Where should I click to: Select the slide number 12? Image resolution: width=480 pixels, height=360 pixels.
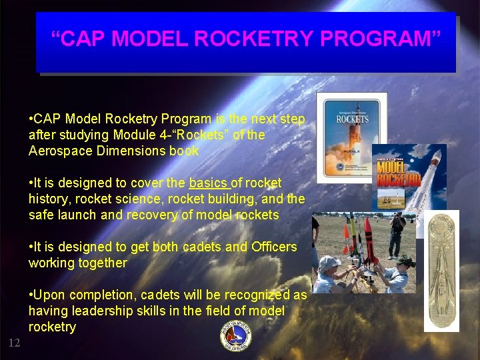[x=14, y=343]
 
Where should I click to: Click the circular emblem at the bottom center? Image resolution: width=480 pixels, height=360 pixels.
[x=237, y=337]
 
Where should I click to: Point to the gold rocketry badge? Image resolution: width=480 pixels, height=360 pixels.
[x=442, y=270]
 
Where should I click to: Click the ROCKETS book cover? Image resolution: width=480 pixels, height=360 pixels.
[x=351, y=137]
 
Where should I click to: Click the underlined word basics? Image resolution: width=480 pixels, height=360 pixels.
[x=208, y=183]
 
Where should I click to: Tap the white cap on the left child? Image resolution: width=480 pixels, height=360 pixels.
[x=328, y=262]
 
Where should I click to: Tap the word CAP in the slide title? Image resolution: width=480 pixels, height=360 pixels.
[x=84, y=39]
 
